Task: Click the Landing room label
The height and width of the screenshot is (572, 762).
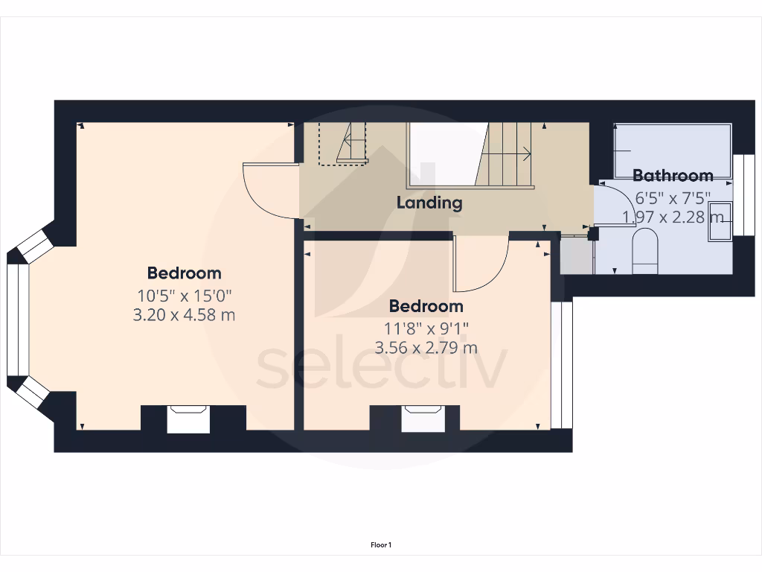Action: click(x=429, y=203)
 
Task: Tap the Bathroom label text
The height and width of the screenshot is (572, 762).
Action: click(x=673, y=176)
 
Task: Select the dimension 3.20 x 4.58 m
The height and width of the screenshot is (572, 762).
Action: click(x=184, y=315)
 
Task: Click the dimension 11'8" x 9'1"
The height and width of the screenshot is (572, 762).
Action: click(x=426, y=327)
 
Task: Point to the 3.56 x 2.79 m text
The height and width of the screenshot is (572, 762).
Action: click(x=426, y=347)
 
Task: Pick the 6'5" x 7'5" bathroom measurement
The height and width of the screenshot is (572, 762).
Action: click(x=673, y=198)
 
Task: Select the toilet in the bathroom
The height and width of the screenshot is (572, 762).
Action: click(x=644, y=250)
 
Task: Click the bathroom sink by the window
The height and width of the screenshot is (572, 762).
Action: click(x=720, y=220)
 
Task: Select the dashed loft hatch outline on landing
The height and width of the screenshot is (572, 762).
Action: click(x=343, y=143)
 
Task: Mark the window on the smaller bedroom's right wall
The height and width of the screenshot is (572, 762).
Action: click(x=566, y=365)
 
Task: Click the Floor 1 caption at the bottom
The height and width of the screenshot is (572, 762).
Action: click(x=381, y=545)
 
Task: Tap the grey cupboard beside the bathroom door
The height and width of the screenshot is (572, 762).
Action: click(x=574, y=255)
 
